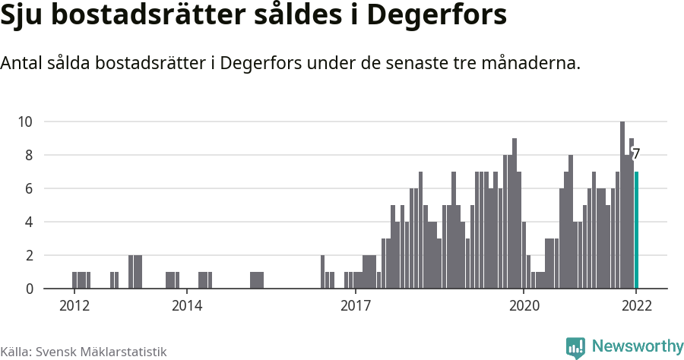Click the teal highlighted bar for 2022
click(636, 230)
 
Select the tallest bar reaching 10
click(622, 205)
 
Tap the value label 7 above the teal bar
click(636, 154)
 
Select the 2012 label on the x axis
click(74, 306)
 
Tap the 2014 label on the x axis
click(186, 306)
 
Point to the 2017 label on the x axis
click(355, 306)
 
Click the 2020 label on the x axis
click(524, 306)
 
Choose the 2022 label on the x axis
click(636, 306)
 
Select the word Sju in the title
click(24, 17)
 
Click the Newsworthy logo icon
click(575, 347)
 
